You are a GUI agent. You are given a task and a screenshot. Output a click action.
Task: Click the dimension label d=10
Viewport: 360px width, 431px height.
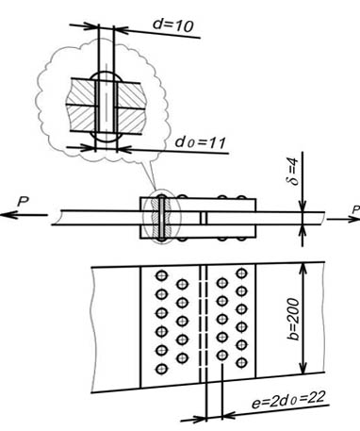click(x=172, y=25)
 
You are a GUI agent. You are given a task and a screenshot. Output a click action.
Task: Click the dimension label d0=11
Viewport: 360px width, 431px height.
click(x=201, y=142)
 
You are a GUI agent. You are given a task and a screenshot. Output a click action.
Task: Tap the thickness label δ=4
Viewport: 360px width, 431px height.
click(x=294, y=173)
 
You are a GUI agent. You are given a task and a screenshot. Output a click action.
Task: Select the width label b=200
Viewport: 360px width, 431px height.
click(x=293, y=319)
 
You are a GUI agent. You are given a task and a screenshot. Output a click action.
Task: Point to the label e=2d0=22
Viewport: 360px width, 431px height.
click(x=287, y=400)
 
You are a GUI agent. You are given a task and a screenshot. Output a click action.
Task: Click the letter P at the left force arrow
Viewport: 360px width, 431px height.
click(x=23, y=202)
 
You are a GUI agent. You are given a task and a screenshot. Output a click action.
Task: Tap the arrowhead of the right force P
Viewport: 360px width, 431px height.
click(x=353, y=219)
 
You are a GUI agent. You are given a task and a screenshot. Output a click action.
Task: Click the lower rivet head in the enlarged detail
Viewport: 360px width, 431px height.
click(x=106, y=137)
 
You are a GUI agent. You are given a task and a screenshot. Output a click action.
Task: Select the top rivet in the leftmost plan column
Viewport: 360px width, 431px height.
click(x=161, y=275)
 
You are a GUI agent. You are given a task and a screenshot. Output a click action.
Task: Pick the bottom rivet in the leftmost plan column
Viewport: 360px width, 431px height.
click(x=161, y=369)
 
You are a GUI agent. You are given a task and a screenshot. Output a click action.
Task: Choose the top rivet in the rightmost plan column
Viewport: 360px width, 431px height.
click(x=241, y=273)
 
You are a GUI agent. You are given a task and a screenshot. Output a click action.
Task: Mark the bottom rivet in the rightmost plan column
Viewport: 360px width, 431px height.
click(x=241, y=363)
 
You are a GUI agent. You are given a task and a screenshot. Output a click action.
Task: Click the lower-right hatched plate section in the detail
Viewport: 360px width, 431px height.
click(x=131, y=120)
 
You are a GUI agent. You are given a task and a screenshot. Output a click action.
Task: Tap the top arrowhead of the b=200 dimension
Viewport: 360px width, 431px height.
click(x=303, y=269)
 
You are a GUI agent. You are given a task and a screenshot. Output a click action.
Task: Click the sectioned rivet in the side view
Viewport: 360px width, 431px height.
click(x=161, y=218)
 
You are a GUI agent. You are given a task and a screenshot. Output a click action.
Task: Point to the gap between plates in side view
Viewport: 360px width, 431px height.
click(x=204, y=218)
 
